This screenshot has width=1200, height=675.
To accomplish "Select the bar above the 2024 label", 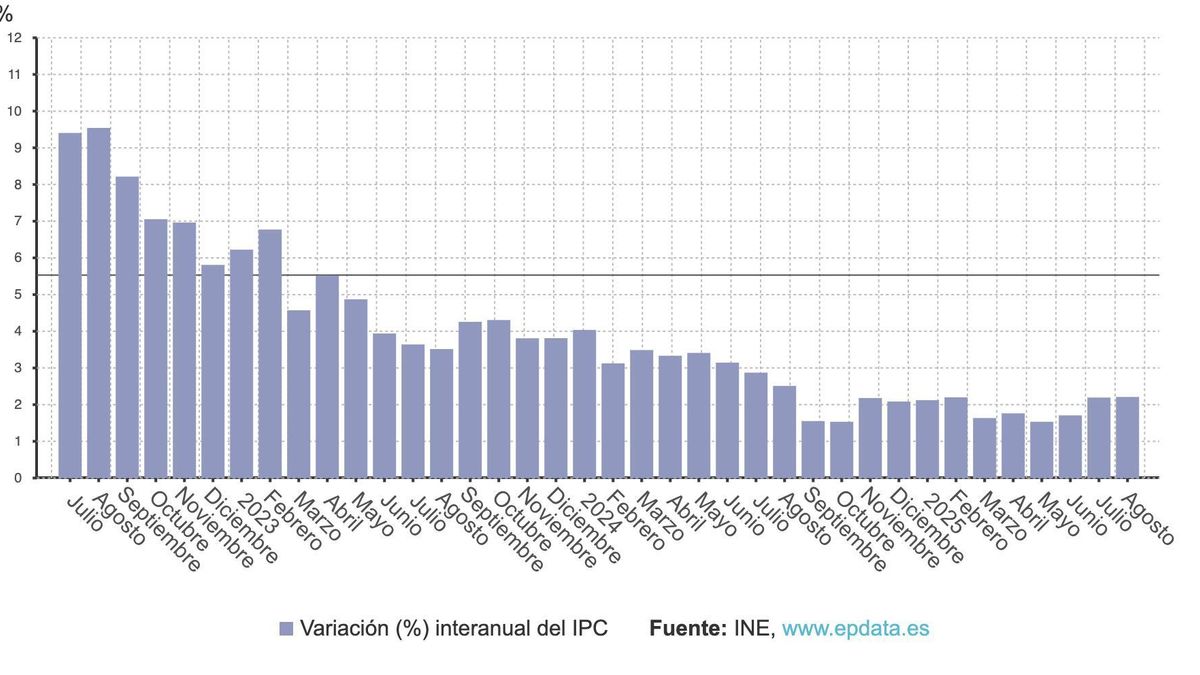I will (584, 404).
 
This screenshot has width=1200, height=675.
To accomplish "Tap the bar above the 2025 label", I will (927, 439).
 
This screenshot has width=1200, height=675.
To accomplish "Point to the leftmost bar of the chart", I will (70, 305).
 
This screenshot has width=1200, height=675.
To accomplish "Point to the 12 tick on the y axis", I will (14, 38).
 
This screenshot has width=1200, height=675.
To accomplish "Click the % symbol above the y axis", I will (6, 15).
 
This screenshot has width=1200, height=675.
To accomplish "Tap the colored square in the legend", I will (287, 629).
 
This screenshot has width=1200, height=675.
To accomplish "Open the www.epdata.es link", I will (855, 629).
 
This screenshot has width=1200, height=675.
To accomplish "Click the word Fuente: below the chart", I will (687, 629).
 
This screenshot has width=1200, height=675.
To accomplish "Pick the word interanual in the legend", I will (471, 629).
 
